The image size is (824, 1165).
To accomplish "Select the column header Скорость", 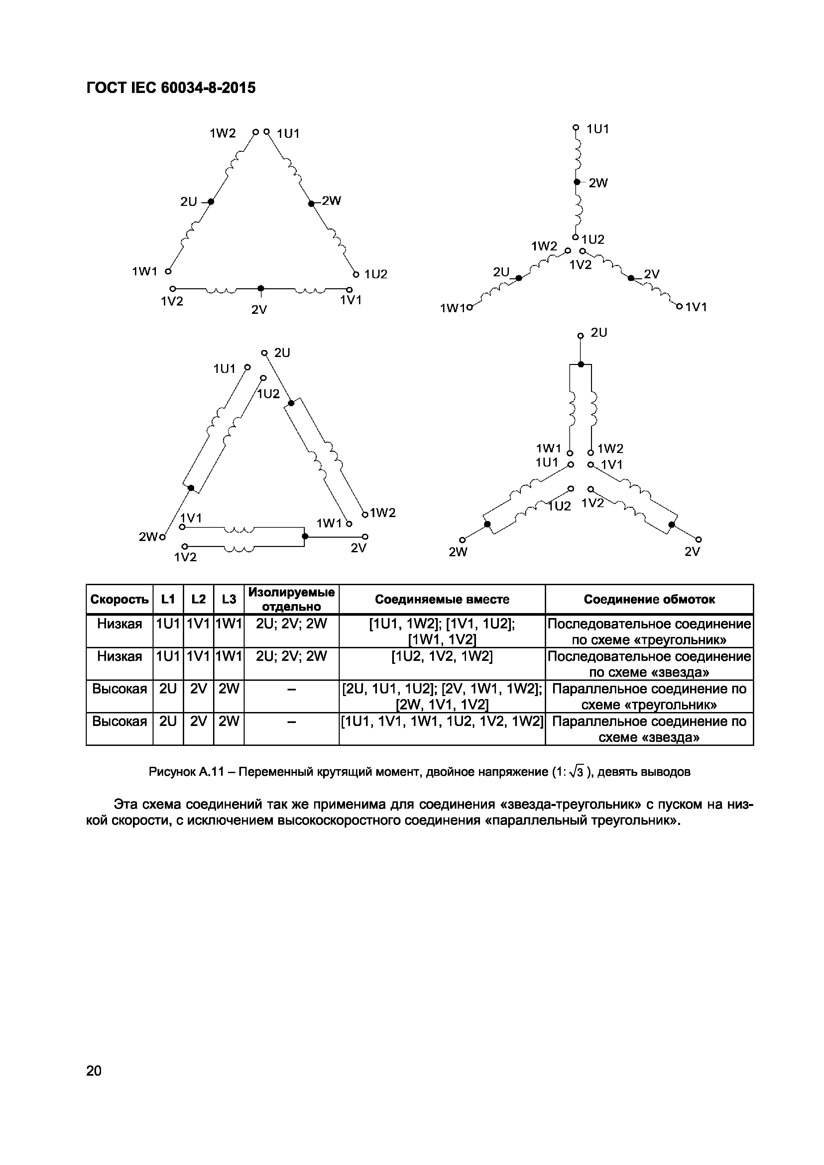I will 119,599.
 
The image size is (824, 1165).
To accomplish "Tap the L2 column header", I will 198,599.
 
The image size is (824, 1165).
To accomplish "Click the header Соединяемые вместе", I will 442,599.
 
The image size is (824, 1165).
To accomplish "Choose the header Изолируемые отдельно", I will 292,599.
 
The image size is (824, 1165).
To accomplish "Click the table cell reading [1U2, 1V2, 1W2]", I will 442,657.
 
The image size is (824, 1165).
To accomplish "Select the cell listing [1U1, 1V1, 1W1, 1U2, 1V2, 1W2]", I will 442,721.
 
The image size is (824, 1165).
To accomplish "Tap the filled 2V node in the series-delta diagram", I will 261,289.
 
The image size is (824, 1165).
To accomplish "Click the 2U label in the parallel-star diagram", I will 599,333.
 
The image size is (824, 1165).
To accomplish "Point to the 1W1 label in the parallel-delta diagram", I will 329,523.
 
